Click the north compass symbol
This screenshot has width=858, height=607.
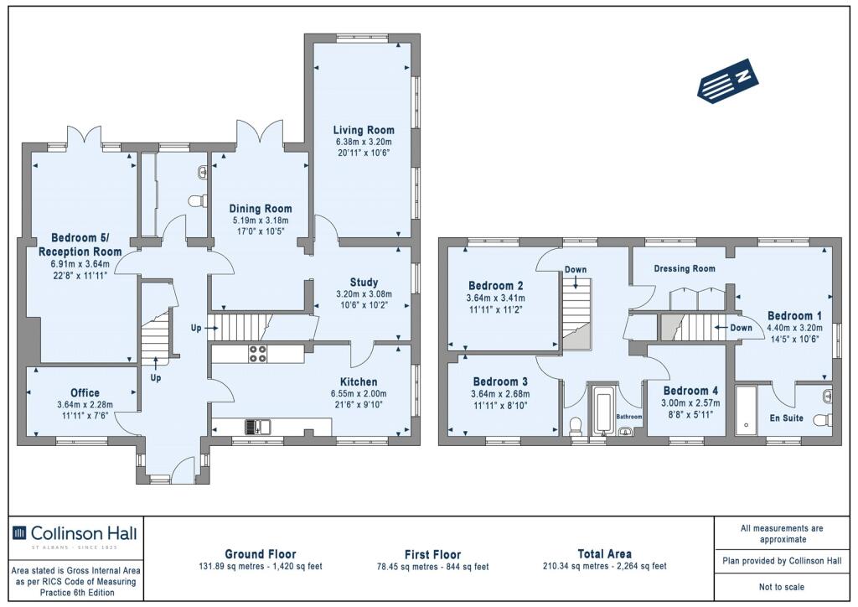click(728, 80)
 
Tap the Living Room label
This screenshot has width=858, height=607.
click(364, 130)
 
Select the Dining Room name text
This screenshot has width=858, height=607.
click(261, 209)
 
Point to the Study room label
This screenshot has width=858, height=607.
click(364, 283)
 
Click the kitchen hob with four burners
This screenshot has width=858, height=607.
click(258, 354)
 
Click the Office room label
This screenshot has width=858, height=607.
click(85, 393)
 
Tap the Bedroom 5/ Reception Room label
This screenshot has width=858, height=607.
click(80, 245)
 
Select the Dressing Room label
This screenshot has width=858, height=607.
click(685, 269)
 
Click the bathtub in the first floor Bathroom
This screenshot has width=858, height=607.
click(604, 411)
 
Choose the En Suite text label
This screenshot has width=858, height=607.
click(786, 418)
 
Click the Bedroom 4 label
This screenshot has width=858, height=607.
click(690, 391)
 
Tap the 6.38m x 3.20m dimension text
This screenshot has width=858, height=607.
click(364, 143)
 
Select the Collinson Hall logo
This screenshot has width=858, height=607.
click(75, 534)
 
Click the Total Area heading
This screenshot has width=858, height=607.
click(605, 554)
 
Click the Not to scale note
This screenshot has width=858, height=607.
click(782, 587)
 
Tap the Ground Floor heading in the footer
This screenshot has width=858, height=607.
click(261, 554)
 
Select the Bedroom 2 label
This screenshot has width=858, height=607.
click(496, 286)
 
